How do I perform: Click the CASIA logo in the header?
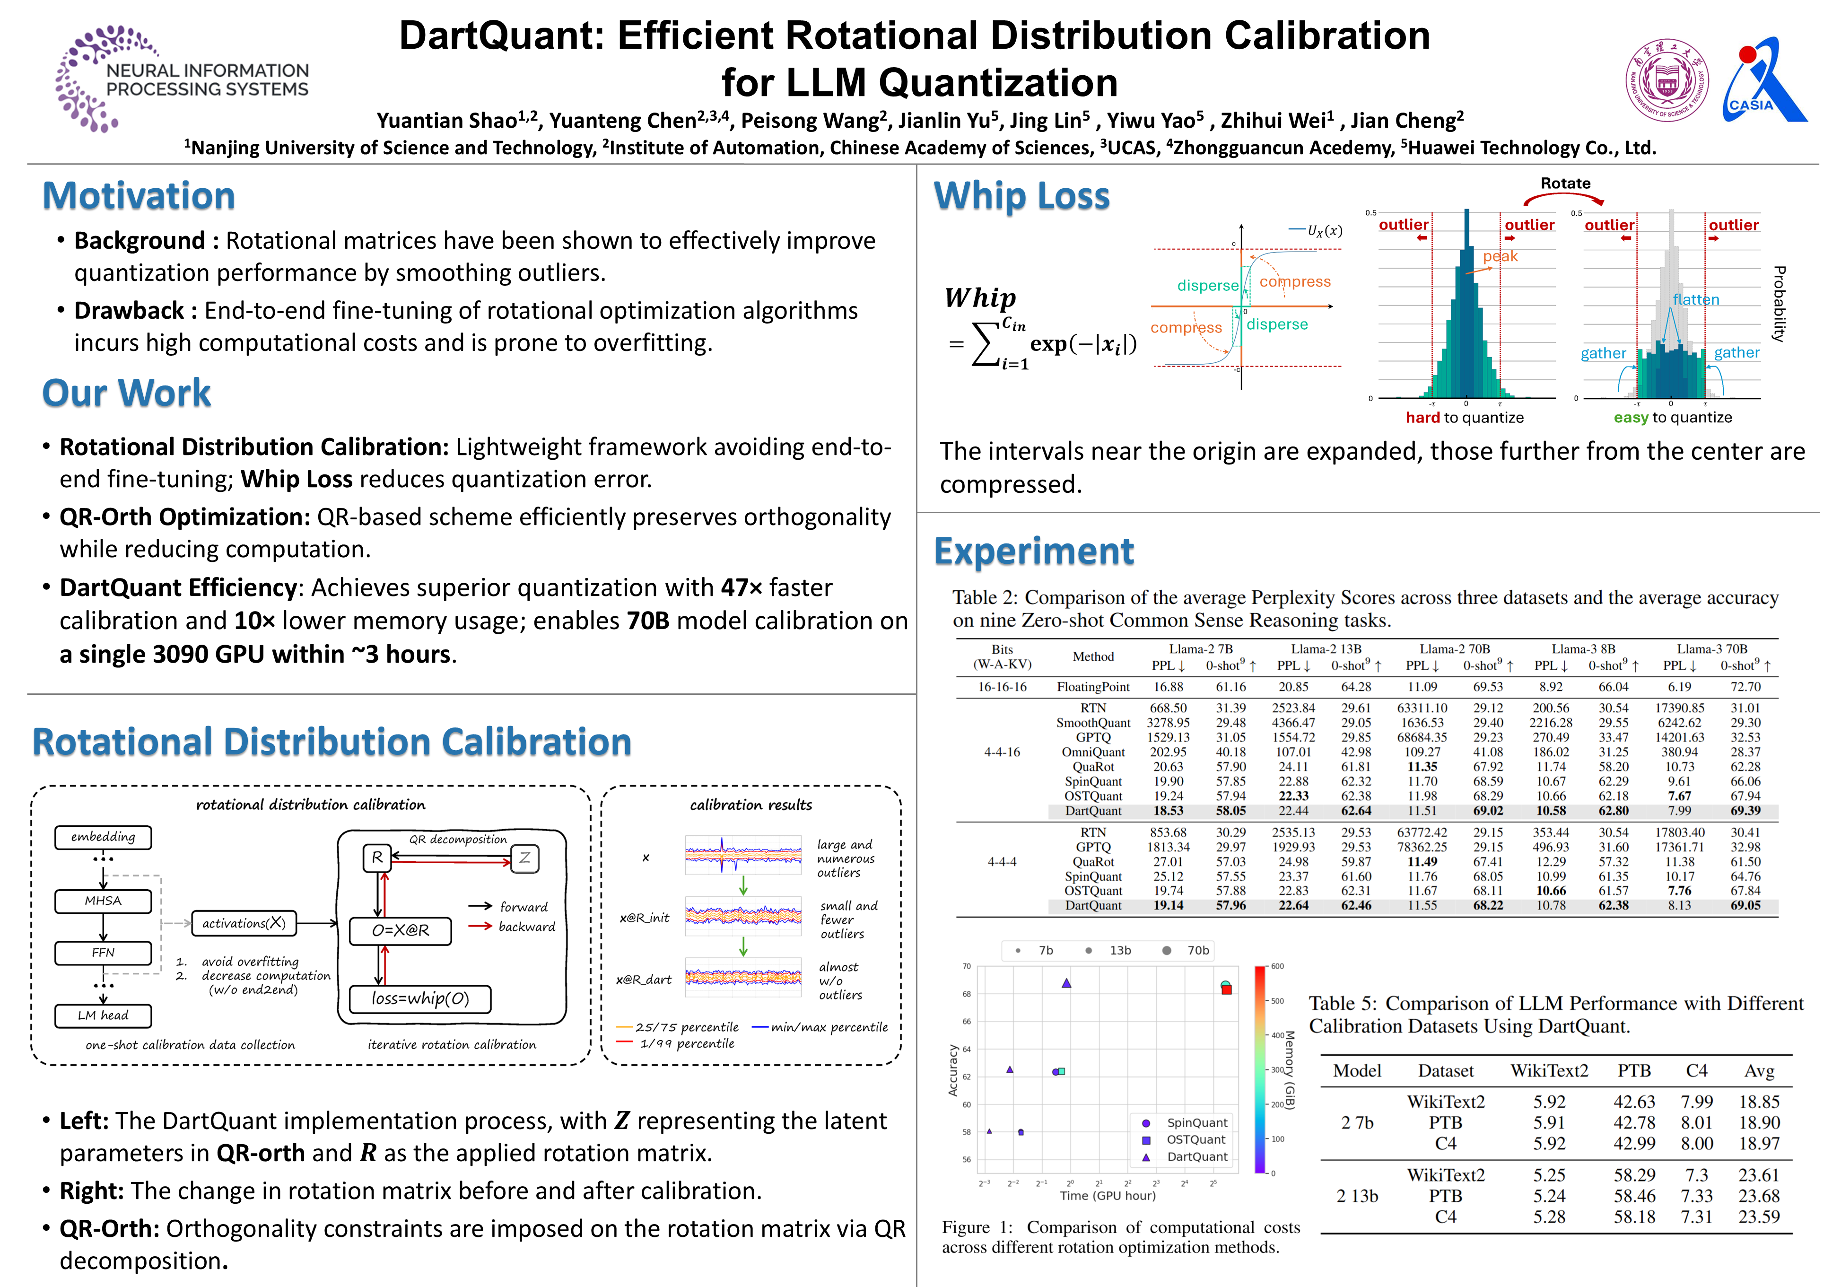click(x=1764, y=80)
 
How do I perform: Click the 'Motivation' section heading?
click(x=139, y=196)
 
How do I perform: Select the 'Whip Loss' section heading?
click(x=1021, y=196)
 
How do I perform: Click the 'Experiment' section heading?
click(x=1034, y=552)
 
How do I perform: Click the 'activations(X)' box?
click(x=244, y=923)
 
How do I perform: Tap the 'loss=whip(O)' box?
click(x=420, y=998)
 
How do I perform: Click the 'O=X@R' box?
click(x=400, y=930)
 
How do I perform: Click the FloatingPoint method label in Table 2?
click(x=1093, y=687)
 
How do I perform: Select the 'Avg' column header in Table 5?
click(x=1758, y=1071)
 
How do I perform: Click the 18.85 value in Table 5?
click(x=1758, y=1102)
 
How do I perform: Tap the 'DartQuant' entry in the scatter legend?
click(x=1196, y=1156)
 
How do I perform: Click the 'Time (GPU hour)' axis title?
click(x=1108, y=1196)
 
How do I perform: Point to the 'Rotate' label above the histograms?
click(x=1565, y=184)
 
